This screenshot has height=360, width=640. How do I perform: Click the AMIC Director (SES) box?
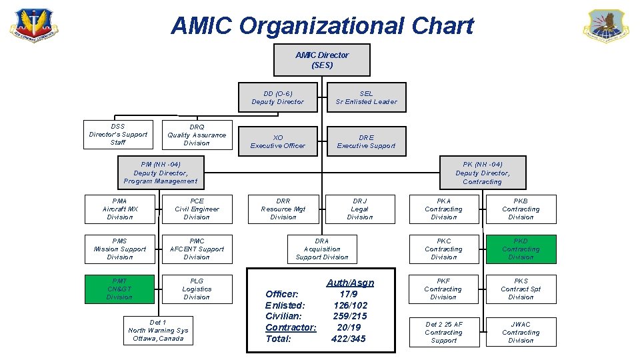[321, 60]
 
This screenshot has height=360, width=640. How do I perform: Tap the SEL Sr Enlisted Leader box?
[366, 97]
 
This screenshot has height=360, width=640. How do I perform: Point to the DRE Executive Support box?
[366, 141]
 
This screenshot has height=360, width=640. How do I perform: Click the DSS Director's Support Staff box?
[118, 134]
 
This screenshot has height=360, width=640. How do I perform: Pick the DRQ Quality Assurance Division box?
[197, 135]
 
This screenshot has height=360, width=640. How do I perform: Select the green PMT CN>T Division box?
[120, 289]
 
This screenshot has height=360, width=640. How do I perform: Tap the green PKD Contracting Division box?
[521, 249]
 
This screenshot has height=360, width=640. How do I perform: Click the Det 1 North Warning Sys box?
[158, 330]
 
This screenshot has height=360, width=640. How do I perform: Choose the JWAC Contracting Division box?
[521, 332]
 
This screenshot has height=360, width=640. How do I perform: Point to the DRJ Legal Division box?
[360, 209]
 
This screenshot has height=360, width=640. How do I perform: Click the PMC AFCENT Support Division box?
[197, 249]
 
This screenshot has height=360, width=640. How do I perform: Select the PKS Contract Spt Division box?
[521, 289]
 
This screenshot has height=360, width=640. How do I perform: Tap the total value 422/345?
[349, 339]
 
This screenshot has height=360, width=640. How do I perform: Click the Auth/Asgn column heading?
[350, 283]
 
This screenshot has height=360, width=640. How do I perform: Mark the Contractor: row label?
[291, 327]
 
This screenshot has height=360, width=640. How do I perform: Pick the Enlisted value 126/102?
[350, 305]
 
